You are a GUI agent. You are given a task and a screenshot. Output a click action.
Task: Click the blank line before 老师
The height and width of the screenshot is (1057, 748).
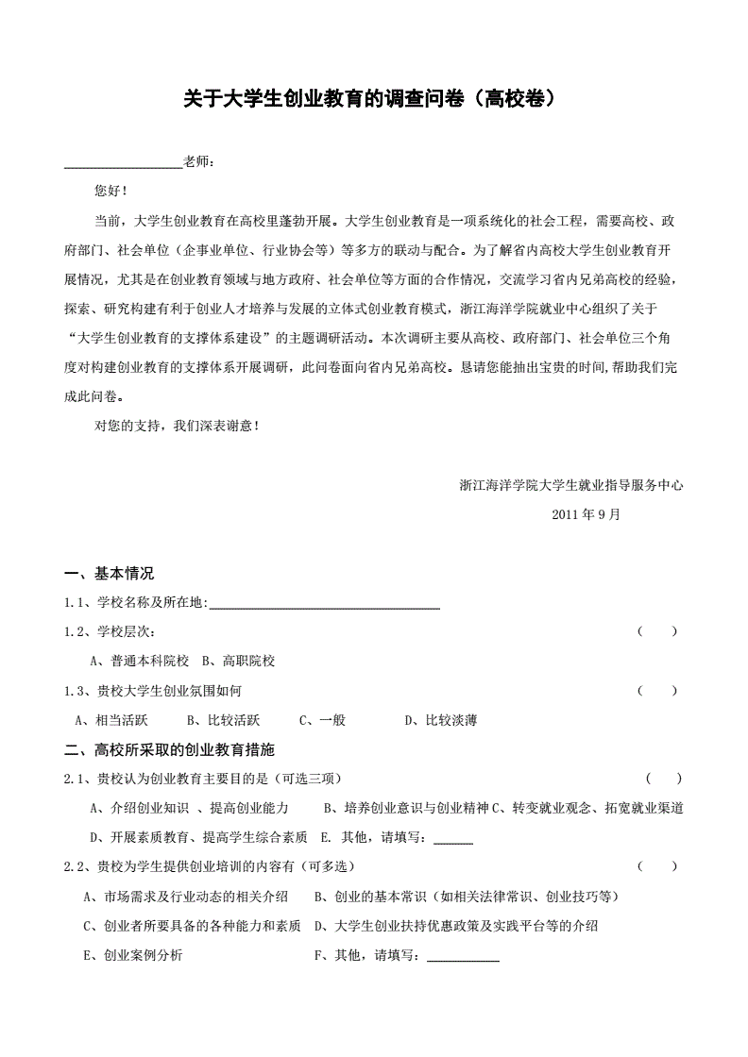click(123, 163)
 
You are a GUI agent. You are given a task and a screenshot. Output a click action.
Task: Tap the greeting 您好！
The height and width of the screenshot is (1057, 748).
click(110, 191)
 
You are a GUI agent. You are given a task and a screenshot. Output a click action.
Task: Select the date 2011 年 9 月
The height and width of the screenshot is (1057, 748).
click(586, 515)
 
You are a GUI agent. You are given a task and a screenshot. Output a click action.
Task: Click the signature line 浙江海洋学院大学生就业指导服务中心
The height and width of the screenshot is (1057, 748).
click(570, 486)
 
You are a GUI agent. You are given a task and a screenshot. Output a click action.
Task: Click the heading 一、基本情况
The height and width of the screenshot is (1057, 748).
click(109, 574)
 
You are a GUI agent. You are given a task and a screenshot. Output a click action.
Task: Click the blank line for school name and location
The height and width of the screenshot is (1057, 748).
click(324, 604)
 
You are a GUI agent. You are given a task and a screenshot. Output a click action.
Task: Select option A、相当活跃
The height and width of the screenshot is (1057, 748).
click(111, 721)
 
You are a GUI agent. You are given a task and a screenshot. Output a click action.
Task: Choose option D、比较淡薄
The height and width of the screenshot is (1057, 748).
click(440, 721)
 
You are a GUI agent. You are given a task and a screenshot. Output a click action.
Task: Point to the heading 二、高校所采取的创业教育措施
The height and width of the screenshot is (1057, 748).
click(169, 750)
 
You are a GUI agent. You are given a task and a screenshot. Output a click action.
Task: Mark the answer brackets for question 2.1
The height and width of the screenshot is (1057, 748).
click(664, 779)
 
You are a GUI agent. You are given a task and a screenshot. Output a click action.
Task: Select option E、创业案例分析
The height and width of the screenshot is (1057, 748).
click(133, 955)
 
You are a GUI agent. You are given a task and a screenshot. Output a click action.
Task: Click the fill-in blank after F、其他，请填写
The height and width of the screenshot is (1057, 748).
click(463, 957)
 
